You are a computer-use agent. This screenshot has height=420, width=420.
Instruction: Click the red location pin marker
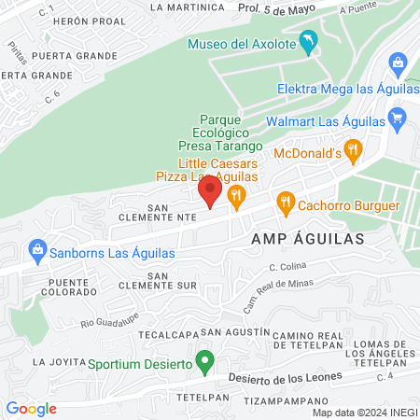[210, 193]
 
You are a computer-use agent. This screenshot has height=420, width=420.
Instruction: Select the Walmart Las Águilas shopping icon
[398, 119]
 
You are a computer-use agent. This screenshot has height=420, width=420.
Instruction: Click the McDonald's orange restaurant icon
[352, 149]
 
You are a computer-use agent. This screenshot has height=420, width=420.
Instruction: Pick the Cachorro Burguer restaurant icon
[286, 201]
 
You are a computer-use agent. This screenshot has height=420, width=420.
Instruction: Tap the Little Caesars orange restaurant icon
[236, 195]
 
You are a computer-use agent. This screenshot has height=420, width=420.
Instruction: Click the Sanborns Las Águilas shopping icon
[37, 249]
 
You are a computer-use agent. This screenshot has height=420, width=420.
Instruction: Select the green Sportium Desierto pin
[210, 359]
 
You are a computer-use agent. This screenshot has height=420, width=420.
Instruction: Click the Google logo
[31, 408]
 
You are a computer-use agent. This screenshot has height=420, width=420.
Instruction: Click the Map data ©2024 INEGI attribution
[364, 413]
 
